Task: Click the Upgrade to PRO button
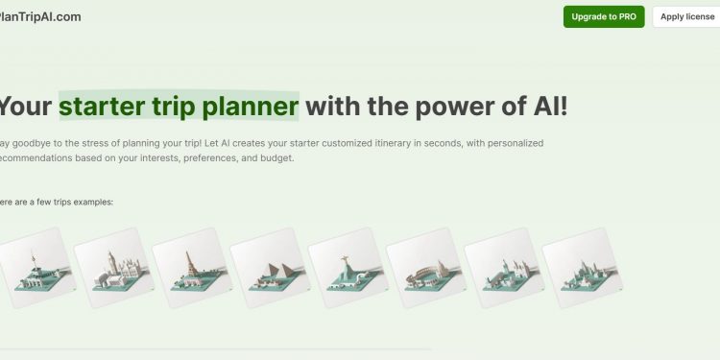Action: [x=604, y=17]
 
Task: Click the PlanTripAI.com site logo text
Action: [x=40, y=17]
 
